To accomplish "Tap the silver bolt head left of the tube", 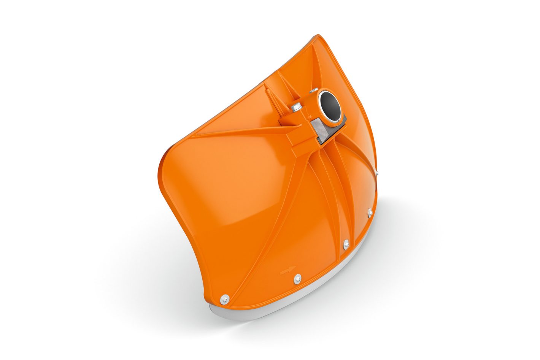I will coord(296,108).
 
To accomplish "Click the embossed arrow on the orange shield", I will coord(287,271).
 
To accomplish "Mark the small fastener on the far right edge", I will coord(376,173).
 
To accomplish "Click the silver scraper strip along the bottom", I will coord(289,304).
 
